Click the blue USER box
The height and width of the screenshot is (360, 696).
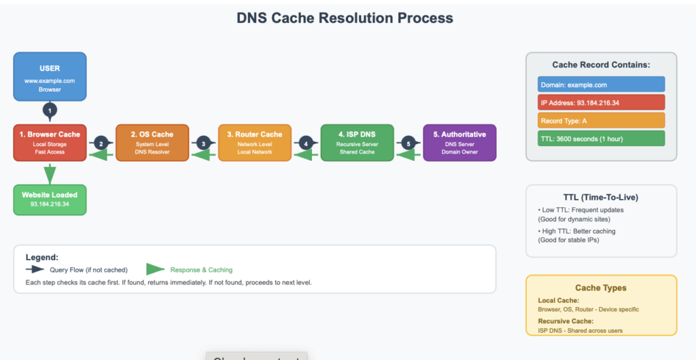pos(50,77)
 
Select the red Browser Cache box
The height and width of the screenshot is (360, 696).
pos(50,143)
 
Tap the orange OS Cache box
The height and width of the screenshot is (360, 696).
pos(152,143)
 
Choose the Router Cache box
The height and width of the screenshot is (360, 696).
pos(254,143)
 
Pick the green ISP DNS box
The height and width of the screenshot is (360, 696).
pos(357,143)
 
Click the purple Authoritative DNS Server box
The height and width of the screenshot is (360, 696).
pos(459,143)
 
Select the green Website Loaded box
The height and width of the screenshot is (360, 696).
pos(50,199)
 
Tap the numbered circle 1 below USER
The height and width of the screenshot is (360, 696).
pos(50,110)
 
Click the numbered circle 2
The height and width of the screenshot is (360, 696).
pos(101,143)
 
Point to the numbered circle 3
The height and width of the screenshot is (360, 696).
pos(203,143)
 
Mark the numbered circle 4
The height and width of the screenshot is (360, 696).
pos(306,143)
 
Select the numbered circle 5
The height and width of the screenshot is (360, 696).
pos(408,143)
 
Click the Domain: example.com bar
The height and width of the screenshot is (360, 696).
pos(601,85)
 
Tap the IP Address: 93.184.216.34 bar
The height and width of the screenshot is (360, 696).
pos(601,103)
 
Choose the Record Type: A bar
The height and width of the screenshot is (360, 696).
pos(601,121)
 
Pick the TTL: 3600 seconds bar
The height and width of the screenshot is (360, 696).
pos(601,139)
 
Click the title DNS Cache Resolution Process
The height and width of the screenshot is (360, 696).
pos(345,18)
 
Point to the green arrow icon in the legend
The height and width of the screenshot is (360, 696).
pos(156,270)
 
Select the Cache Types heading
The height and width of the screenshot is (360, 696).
pos(601,288)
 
